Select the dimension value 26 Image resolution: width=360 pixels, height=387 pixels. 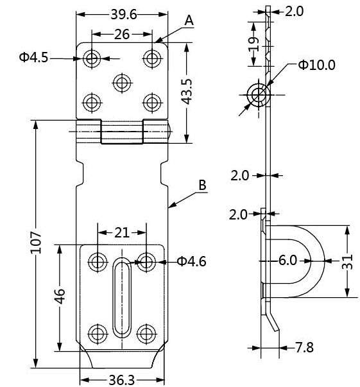(x=120, y=36)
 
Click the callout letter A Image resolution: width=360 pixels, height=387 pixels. (x=189, y=21)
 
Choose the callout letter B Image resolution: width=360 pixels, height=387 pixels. (x=201, y=185)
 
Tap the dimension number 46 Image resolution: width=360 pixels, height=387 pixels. (x=59, y=297)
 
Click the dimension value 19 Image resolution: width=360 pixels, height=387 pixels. (x=254, y=44)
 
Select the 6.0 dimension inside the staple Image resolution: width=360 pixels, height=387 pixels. (x=287, y=261)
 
